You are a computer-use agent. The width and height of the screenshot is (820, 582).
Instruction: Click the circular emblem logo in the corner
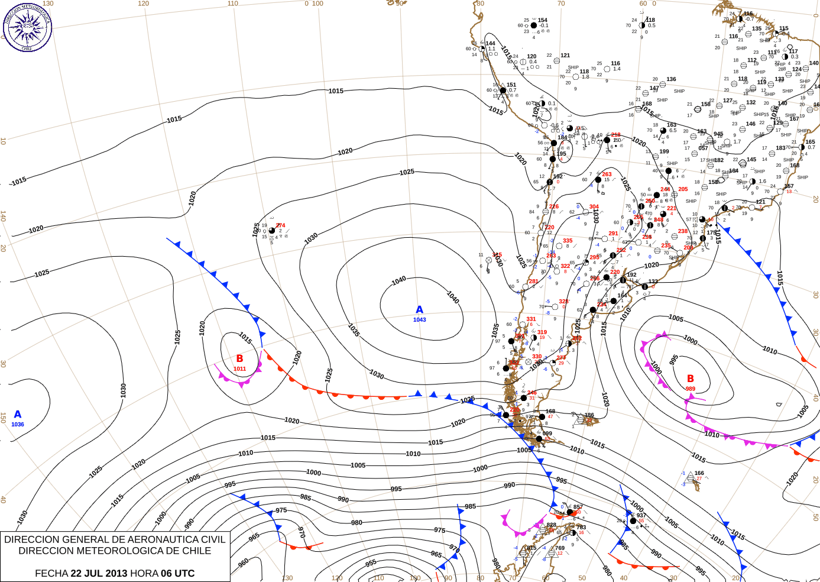coord(27,27)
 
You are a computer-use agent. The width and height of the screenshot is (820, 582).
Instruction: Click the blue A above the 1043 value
coord(420,310)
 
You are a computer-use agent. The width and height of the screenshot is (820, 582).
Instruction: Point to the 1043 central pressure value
coord(420,320)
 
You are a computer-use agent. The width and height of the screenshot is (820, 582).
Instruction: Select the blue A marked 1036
coord(18,415)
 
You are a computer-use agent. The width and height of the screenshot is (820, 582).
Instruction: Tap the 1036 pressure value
coord(18,425)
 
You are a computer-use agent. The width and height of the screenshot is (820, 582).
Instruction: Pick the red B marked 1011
coord(239,358)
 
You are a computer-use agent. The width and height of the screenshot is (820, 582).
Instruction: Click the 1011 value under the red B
coord(239,369)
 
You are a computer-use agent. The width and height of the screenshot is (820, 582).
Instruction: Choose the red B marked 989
coord(690,379)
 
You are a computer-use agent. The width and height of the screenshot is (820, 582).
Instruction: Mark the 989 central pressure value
coord(691,389)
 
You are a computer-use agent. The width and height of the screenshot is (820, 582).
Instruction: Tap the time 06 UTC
coord(176,573)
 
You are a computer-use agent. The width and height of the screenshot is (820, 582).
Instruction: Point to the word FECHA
coord(51,573)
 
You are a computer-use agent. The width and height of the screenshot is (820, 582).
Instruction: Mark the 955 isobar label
coord(371,564)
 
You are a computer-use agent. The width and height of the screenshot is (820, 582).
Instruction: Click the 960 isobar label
coord(244,563)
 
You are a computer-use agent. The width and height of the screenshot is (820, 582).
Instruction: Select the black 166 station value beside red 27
coord(699,473)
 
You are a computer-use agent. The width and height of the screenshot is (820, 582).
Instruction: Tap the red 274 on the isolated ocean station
coord(280,225)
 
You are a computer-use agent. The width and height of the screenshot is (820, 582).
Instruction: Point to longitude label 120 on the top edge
coord(144,4)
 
